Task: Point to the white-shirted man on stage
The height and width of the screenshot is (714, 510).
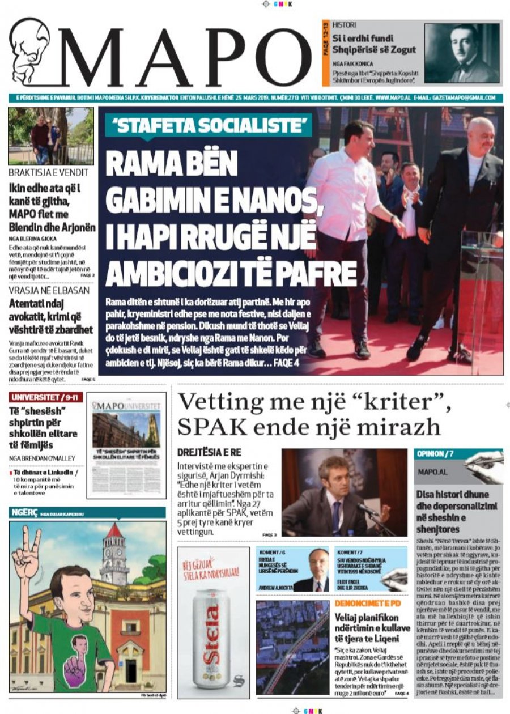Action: pyautogui.click(x=346, y=227)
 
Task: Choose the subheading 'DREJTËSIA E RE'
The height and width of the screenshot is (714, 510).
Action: pyautogui.click(x=211, y=453)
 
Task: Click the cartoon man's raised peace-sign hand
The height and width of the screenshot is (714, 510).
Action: pyautogui.click(x=25, y=552)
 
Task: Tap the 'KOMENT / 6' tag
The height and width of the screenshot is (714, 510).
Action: pyautogui.click(x=272, y=551)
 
